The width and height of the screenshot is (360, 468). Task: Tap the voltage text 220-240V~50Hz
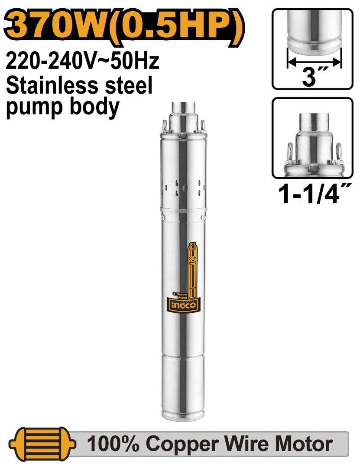pyautogui.click(x=82, y=62)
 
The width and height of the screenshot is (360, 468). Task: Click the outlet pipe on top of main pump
pyautogui.click(x=182, y=108)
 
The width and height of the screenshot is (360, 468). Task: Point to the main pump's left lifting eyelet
pyautogui.click(x=164, y=125)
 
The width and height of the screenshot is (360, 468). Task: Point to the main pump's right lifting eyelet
pyautogui.click(x=201, y=124)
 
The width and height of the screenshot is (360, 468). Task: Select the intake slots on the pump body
pyautogui.click(x=182, y=186)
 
